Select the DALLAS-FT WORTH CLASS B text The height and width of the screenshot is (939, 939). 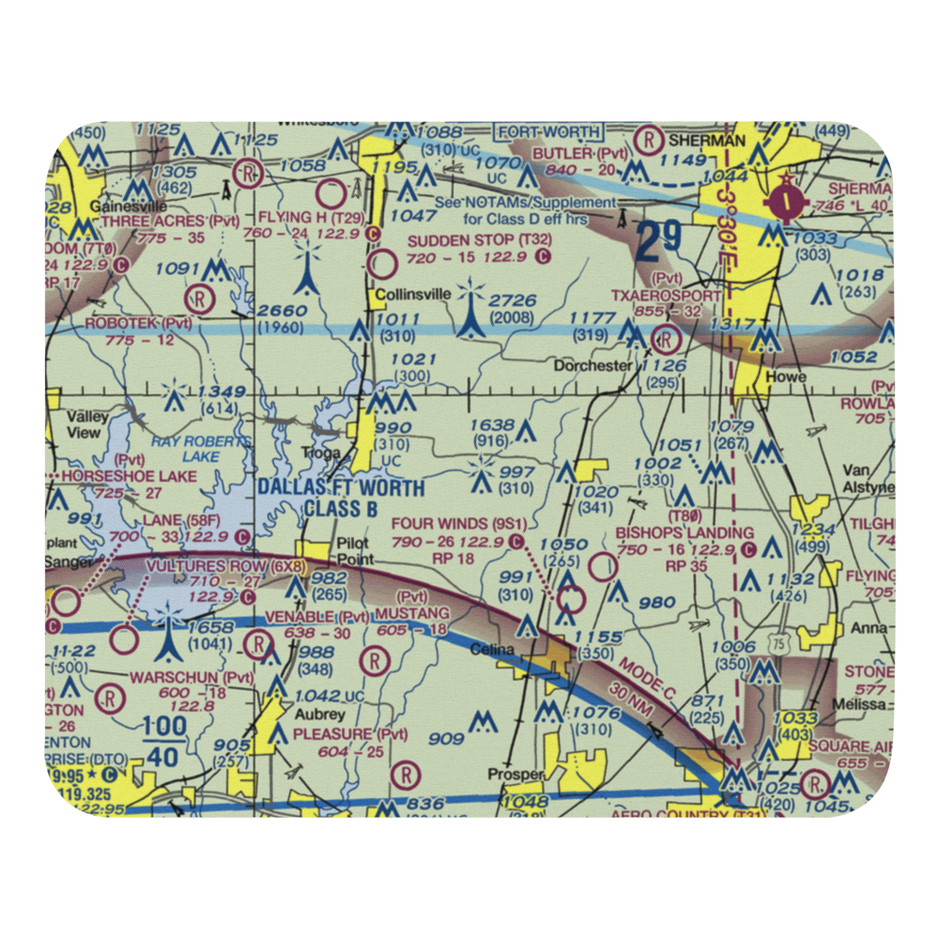[x=341, y=499]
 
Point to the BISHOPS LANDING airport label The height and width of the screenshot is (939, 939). [x=684, y=533]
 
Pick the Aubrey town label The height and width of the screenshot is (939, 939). [x=316, y=713]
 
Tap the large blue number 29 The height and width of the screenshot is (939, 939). [x=656, y=242]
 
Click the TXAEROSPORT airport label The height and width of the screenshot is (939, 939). [x=667, y=294]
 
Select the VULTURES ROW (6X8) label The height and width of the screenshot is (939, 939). [x=224, y=566]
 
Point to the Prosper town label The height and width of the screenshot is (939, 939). [x=516, y=775]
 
